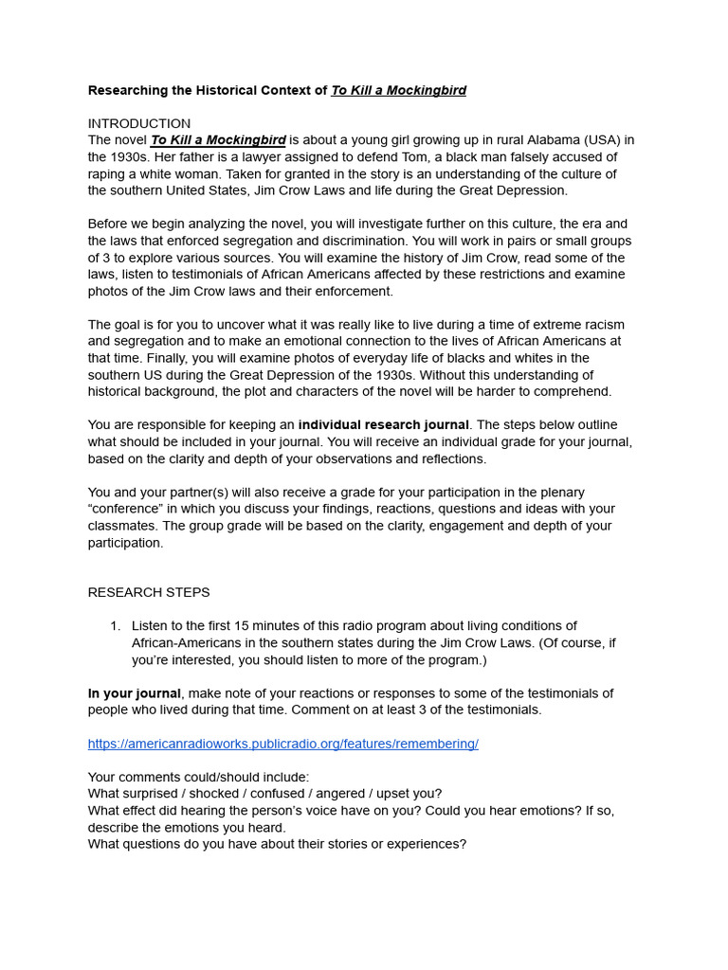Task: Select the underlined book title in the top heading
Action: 398,90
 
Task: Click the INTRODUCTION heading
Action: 139,123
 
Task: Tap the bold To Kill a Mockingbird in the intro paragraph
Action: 218,140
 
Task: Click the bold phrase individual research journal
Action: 383,424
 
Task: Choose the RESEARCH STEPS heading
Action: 149,592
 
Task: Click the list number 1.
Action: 115,625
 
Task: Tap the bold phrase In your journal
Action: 134,693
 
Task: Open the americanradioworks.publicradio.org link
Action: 282,744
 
